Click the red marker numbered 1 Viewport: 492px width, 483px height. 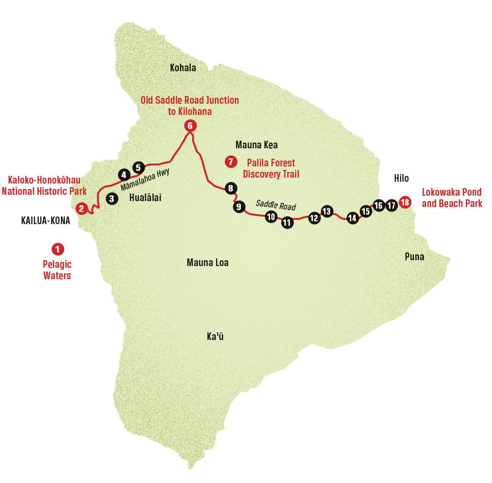click(58, 248)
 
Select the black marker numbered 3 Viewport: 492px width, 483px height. click(112, 198)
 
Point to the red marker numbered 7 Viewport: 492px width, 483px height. click(231, 161)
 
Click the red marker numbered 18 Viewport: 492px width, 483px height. click(405, 202)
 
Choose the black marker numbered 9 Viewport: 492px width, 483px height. click(239, 207)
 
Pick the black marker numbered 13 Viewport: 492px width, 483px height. click(326, 211)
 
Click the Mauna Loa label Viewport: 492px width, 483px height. click(207, 262)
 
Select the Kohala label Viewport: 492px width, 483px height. click(183, 68)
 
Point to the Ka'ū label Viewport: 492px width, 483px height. click(215, 336)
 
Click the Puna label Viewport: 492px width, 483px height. click(414, 257)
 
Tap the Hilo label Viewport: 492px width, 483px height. click(401, 179)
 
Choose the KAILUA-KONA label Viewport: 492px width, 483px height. click(46, 221)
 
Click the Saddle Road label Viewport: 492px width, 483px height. click(276, 205)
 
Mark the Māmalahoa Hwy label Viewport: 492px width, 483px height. click(144, 179)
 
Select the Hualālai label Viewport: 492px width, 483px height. click(145, 198)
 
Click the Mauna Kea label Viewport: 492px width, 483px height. click(257, 145)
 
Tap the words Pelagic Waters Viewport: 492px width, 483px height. click(57, 270)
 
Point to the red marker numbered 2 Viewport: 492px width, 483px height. click(82, 208)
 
